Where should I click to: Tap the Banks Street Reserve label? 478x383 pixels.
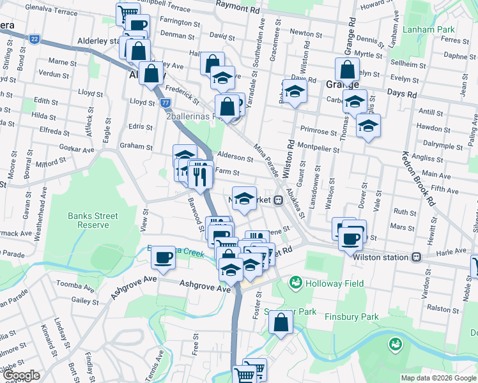pyautogui.click(x=93, y=220)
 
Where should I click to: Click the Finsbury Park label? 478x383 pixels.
pyautogui.click(x=351, y=317)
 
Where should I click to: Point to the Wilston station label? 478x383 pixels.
pyautogui.click(x=382, y=257)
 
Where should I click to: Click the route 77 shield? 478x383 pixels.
pyautogui.click(x=165, y=102)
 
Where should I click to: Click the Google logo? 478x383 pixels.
pyautogui.click(x=22, y=375)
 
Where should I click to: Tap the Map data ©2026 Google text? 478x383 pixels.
pyautogui.click(x=438, y=378)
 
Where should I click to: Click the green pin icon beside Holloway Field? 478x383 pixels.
pyautogui.click(x=295, y=282)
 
